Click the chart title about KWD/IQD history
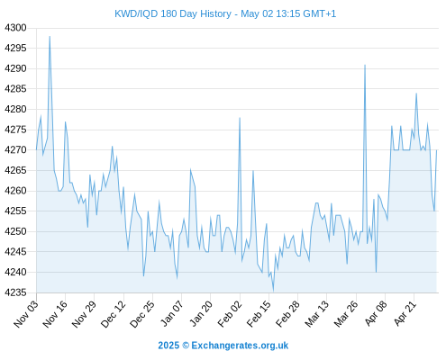click(x=225, y=13)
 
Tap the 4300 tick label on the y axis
click(x=15, y=28)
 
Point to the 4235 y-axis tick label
click(x=15, y=292)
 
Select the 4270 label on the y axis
click(x=15, y=149)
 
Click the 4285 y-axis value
click(x=15, y=89)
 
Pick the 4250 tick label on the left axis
click(x=15, y=231)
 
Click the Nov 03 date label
click(x=26, y=314)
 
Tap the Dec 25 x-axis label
click(x=142, y=314)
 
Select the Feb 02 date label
click(x=230, y=314)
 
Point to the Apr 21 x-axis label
click(x=405, y=313)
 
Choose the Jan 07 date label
click(x=172, y=313)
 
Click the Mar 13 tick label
click(x=316, y=314)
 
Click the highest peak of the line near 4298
click(x=50, y=36)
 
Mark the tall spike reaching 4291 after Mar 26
click(x=365, y=65)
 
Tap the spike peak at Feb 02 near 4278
click(x=240, y=118)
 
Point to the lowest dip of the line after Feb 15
click(x=273, y=291)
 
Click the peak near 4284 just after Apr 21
click(x=416, y=94)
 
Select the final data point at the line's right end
click(x=436, y=150)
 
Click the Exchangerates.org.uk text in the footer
click(x=240, y=346)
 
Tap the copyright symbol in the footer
click(x=186, y=346)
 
